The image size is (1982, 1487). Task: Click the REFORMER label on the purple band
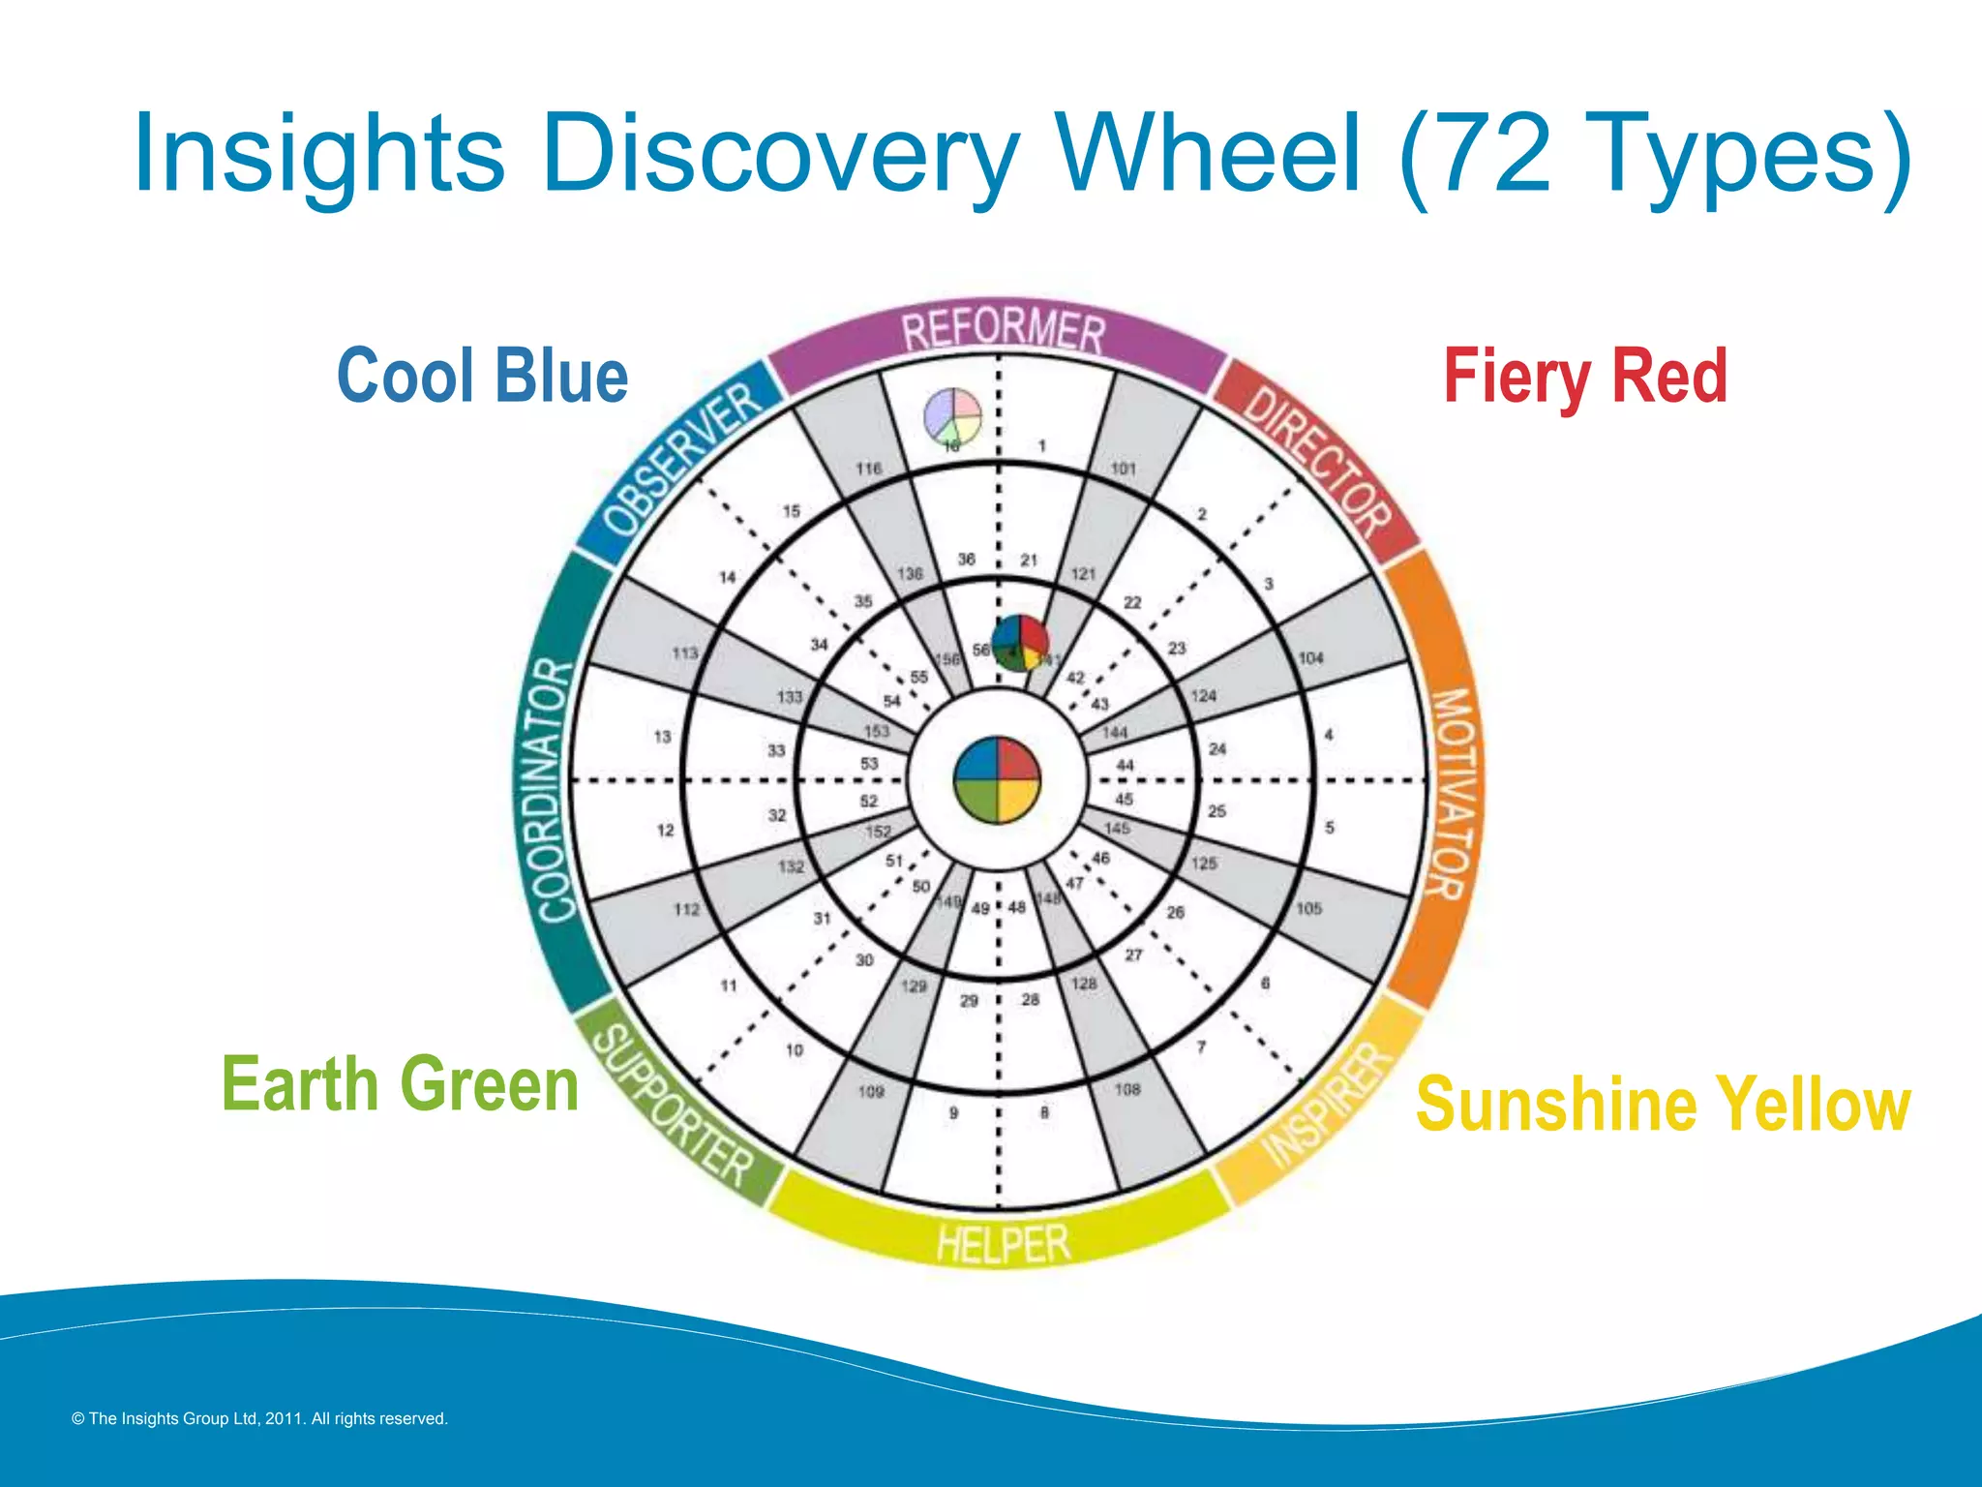[1003, 331]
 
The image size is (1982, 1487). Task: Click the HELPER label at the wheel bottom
[1004, 1243]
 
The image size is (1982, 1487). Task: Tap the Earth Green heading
[400, 1083]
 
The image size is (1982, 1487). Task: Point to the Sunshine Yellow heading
[1663, 1103]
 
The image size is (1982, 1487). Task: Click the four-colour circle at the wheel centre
[997, 779]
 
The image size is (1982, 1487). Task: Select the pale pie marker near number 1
[952, 416]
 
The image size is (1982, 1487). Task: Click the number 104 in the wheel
[1310, 658]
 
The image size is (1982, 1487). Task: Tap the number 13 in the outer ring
[662, 737]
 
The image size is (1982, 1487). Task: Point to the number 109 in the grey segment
[871, 1091]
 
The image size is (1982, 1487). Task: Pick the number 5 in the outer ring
[1330, 828]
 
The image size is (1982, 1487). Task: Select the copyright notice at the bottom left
[259, 1418]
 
